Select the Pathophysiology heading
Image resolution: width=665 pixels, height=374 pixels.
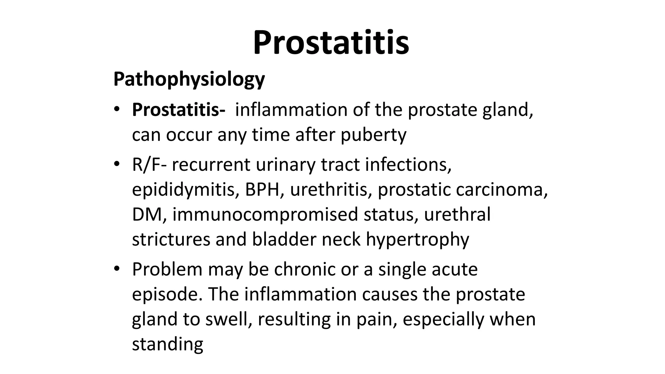pyautogui.click(x=189, y=79)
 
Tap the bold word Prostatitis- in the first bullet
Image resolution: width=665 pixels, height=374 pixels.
pyautogui.click(x=179, y=110)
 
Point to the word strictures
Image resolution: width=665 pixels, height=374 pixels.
pyautogui.click(x=171, y=240)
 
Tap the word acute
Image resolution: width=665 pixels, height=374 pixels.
pyautogui.click(x=455, y=269)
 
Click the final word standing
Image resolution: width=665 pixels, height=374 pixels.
pyautogui.click(x=168, y=344)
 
